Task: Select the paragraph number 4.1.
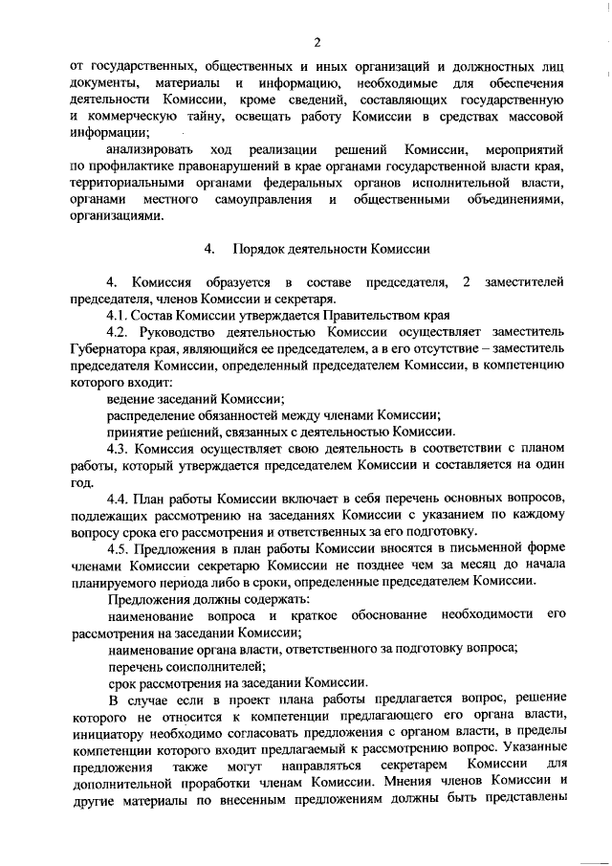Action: tap(118, 315)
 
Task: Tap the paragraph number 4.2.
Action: tap(118, 332)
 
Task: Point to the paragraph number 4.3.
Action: tap(118, 449)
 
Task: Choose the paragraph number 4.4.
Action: tap(118, 499)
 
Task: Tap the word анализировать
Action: tap(151, 150)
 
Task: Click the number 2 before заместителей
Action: tap(466, 282)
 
